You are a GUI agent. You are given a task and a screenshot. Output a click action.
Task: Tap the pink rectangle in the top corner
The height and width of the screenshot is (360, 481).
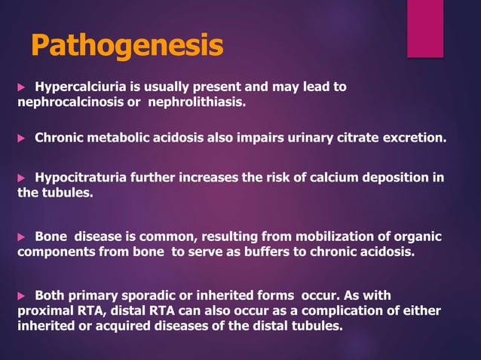pyautogui.click(x=425, y=28)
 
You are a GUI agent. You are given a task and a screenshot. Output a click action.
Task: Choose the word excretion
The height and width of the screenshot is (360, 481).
pyautogui.click(x=413, y=139)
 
